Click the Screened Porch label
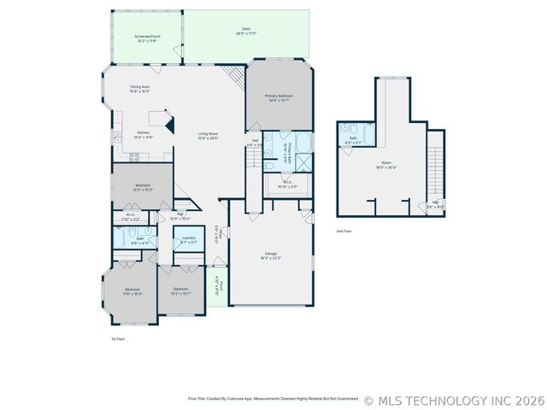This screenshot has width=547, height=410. (147, 38)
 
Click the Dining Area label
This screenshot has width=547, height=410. (140, 89)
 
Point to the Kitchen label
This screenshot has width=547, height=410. (144, 134)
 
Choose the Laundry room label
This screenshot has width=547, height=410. (189, 240)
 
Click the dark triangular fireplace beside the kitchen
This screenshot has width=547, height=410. (170, 126)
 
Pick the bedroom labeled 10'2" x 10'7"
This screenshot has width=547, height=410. (180, 291)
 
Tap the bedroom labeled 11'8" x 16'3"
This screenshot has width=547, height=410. (132, 291)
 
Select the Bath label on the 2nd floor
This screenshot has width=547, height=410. (353, 139)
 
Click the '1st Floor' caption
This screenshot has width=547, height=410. (119, 339)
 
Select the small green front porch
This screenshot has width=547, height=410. (216, 286)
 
